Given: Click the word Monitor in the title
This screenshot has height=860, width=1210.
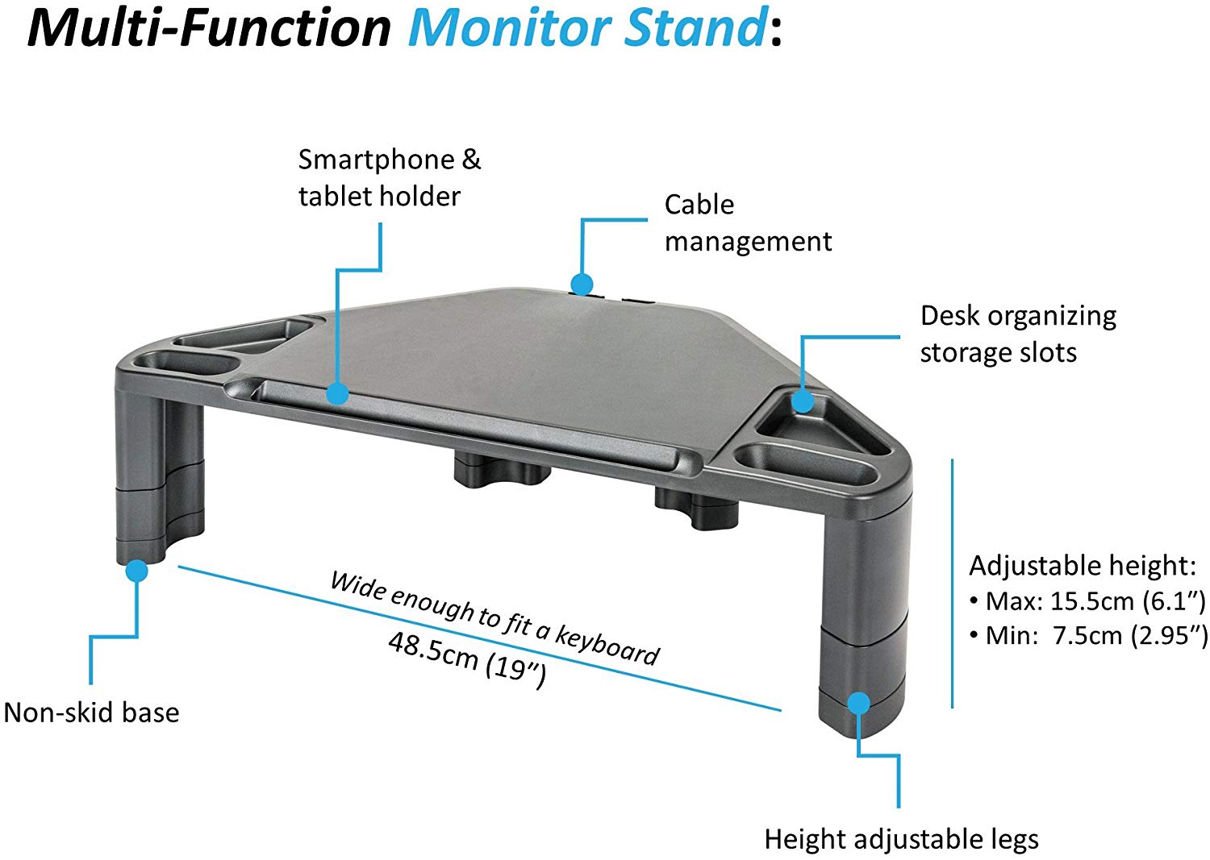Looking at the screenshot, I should (x=512, y=28).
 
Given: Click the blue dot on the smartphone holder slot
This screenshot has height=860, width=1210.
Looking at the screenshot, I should (x=337, y=393).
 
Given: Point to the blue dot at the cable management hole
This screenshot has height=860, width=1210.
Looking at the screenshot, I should (x=582, y=284).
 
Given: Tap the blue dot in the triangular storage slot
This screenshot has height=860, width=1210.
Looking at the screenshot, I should (x=802, y=401).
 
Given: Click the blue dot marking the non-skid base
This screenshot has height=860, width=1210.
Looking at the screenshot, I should (x=137, y=571).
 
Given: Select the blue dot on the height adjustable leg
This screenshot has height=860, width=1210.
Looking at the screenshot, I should (x=859, y=703).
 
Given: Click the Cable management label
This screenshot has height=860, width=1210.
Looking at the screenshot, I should (x=747, y=223).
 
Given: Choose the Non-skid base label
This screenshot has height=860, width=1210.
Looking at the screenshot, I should (x=92, y=713).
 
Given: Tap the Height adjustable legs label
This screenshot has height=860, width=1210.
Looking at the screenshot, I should (x=901, y=839).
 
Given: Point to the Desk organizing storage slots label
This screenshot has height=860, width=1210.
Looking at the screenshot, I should (x=1017, y=334).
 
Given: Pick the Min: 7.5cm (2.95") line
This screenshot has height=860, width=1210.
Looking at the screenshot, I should (x=1089, y=636).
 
